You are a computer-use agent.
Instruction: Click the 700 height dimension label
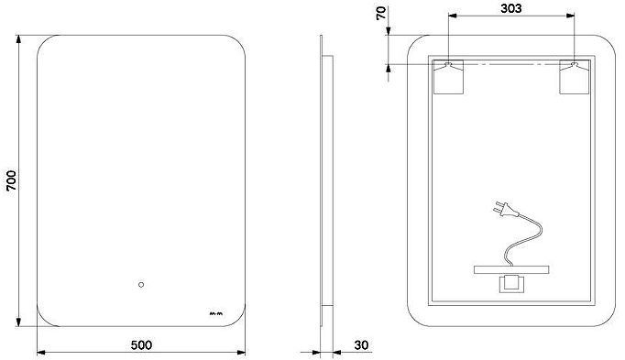point(12,180)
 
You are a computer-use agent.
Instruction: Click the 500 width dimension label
point(141,344)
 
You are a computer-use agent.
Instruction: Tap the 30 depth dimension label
point(361,344)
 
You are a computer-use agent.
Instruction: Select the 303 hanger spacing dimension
point(510,8)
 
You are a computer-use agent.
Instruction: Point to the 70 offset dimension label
point(381,13)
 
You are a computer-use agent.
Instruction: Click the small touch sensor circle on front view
point(141,285)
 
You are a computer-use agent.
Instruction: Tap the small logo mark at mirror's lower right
point(216,313)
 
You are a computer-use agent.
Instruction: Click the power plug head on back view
point(505,209)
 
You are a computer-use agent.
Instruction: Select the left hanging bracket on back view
point(448,77)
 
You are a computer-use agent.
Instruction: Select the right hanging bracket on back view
point(575,77)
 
